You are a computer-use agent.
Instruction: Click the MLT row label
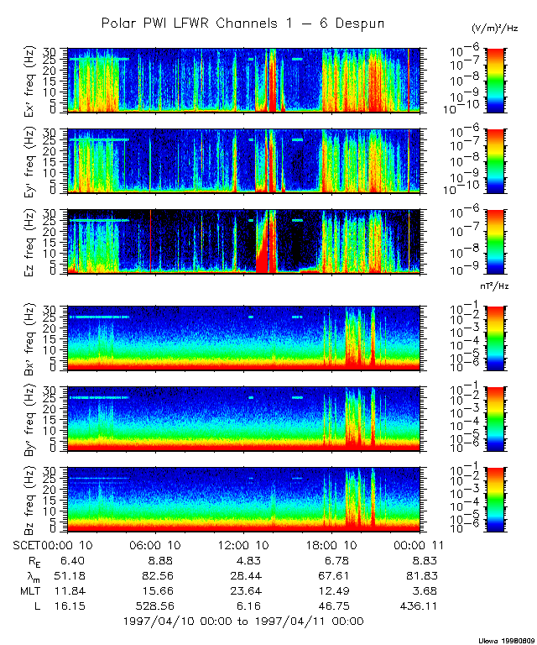[x=29, y=590]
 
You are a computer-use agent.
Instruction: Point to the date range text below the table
[x=243, y=621]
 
